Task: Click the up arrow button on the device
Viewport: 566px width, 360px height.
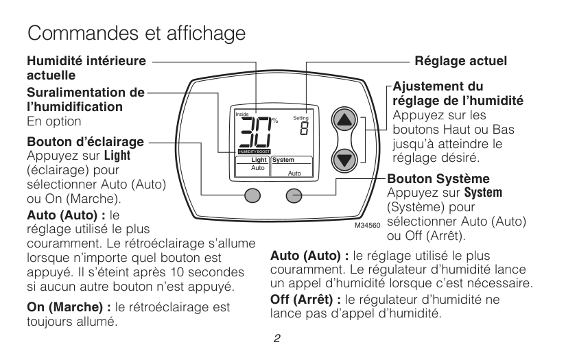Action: coord(344,120)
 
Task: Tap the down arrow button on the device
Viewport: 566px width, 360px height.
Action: coord(344,160)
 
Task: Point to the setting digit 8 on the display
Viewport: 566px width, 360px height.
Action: coord(305,128)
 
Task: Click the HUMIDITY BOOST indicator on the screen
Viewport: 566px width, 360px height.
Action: coord(254,152)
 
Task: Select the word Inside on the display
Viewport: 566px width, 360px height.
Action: coord(242,115)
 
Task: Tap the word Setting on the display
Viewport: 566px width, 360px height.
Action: coord(300,118)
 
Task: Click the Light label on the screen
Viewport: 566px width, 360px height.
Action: coord(259,160)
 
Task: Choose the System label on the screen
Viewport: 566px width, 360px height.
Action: coord(283,160)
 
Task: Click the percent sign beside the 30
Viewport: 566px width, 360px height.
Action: coord(275,121)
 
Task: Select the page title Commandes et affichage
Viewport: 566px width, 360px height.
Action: coord(137,33)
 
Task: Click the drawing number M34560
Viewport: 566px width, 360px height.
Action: coord(368,226)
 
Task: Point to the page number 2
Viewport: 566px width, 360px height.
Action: coord(277,338)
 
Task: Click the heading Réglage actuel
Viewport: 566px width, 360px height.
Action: coord(460,61)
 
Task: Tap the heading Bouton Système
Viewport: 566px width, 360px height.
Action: coord(438,178)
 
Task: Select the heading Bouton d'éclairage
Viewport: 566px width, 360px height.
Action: coord(85,142)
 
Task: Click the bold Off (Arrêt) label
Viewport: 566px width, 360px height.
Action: coord(305,300)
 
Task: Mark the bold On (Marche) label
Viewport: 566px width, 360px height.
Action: coord(69,307)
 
